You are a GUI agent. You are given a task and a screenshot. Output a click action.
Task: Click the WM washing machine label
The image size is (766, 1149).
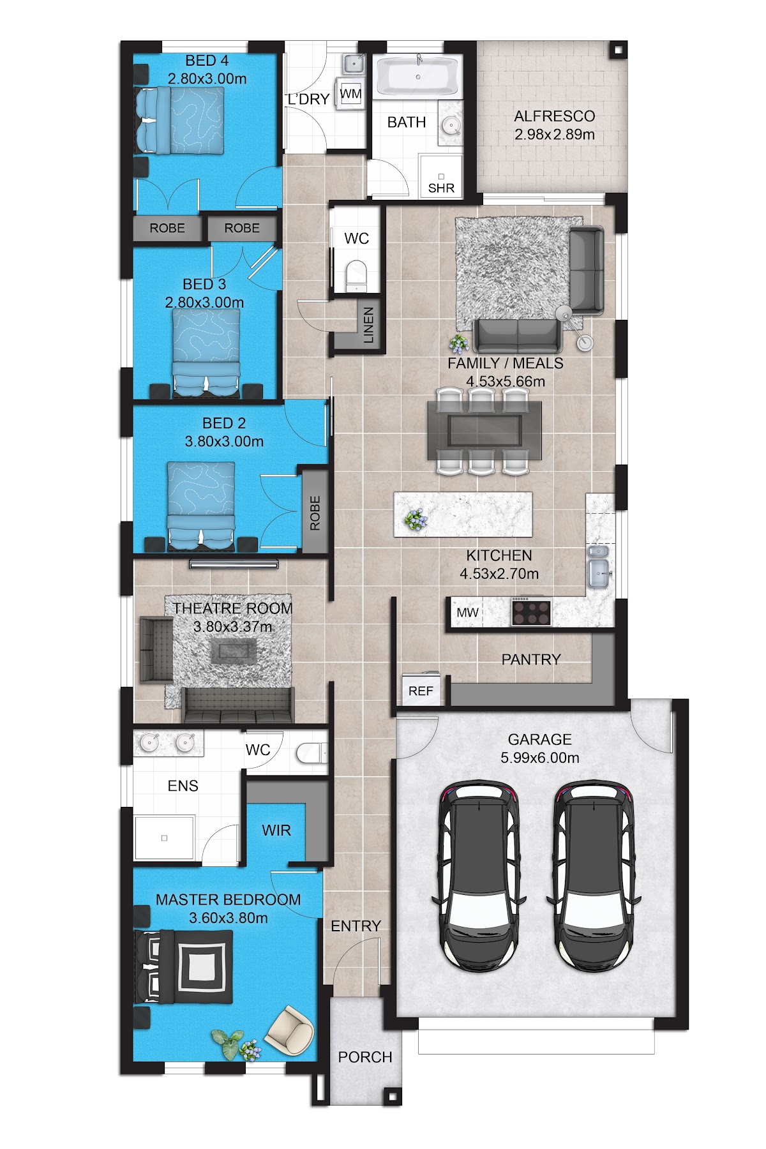tap(350, 94)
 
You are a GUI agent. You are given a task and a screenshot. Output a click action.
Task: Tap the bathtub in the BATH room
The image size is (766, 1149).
tap(417, 76)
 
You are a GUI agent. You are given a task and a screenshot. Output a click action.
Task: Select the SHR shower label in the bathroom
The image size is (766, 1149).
tap(441, 188)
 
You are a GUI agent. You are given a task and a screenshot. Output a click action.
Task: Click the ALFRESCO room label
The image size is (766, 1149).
tap(554, 116)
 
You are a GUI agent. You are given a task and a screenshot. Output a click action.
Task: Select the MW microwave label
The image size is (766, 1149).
tap(467, 613)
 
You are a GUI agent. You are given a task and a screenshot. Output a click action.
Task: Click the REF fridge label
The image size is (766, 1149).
tap(421, 691)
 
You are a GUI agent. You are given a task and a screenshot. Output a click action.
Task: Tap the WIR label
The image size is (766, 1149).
tap(276, 830)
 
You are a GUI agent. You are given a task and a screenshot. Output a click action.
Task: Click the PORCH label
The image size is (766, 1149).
tap(365, 1057)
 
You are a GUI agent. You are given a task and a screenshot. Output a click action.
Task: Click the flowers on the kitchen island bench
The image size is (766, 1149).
tap(415, 520)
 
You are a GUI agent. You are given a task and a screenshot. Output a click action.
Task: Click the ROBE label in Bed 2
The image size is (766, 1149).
tap(315, 513)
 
